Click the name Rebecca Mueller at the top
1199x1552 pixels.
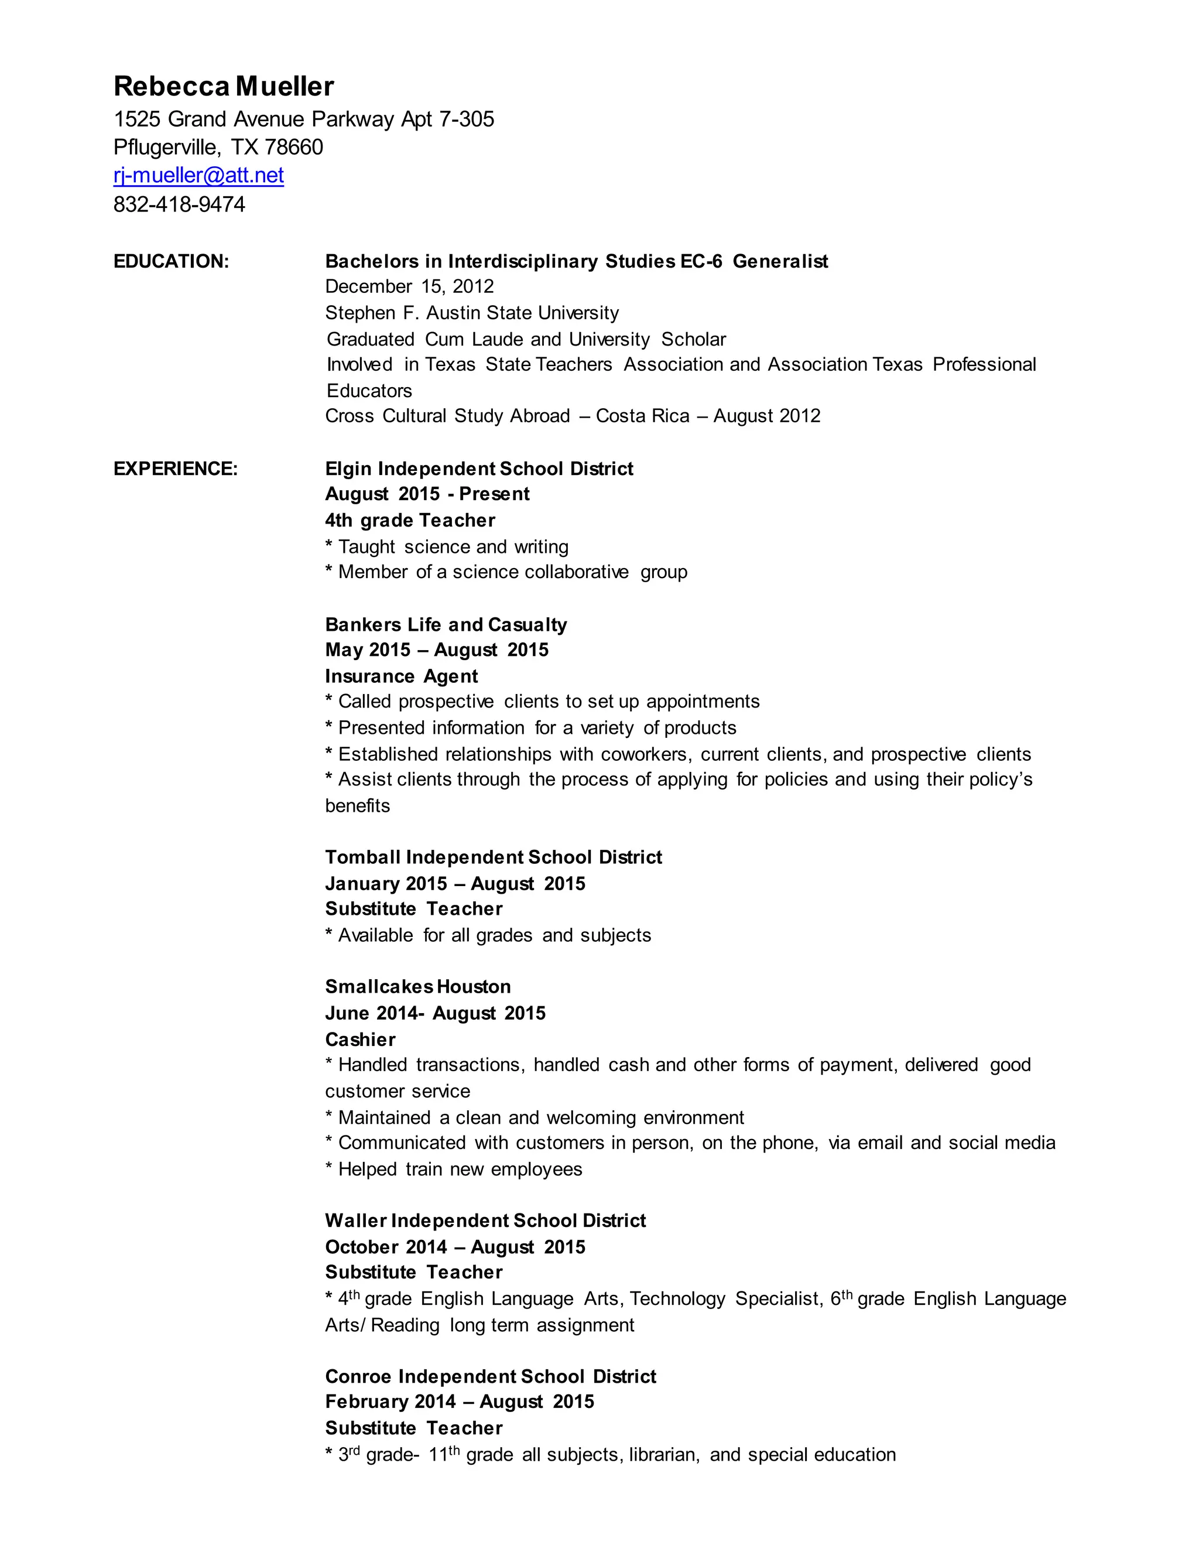pos(224,87)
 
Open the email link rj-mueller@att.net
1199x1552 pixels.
pos(199,176)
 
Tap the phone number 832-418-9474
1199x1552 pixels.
pos(179,204)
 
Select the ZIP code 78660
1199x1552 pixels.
pos(293,147)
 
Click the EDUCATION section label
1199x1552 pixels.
pos(171,262)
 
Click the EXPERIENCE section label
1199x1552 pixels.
pos(176,469)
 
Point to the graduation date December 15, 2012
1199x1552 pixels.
pos(409,286)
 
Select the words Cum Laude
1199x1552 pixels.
pos(474,340)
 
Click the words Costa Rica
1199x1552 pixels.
pos(642,416)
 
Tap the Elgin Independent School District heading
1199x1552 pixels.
pos(479,469)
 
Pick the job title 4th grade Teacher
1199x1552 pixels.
pos(410,521)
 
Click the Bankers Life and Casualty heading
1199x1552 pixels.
pos(446,625)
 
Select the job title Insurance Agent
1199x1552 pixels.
pos(401,676)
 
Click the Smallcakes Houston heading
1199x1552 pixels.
pos(417,987)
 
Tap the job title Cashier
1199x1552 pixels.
pos(360,1040)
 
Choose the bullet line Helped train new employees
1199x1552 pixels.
pos(460,1169)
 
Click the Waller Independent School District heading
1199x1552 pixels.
pos(485,1221)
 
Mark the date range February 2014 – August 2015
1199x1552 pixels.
pos(460,1401)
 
